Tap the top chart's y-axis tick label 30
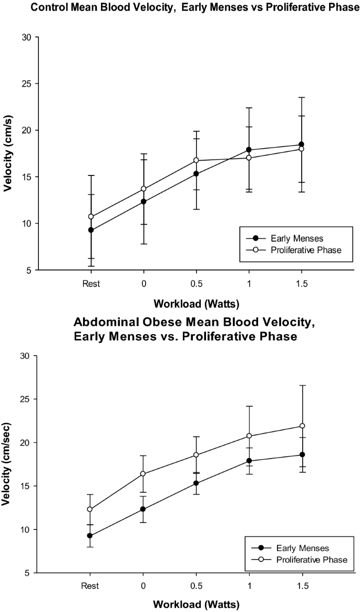pyautogui.click(x=26, y=37)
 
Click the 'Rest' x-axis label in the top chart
pyautogui.click(x=91, y=284)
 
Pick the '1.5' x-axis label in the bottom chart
pyautogui.click(x=302, y=586)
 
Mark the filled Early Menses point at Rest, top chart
pyautogui.click(x=91, y=230)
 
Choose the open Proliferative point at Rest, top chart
pyautogui.click(x=91, y=216)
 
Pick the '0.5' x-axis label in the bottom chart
pyautogui.click(x=197, y=586)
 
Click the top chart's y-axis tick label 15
pyautogui.click(x=26, y=177)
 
